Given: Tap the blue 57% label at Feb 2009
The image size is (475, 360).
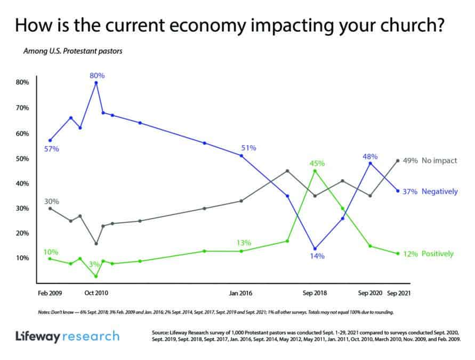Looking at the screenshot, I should point(51,149).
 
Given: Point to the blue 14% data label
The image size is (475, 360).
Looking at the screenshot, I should point(316,256).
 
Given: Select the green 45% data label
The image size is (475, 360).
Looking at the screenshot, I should point(316,163).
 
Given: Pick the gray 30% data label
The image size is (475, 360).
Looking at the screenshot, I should point(51,201).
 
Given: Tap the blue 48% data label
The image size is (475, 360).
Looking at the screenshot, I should point(370,156).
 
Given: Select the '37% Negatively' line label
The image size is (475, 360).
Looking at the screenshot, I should point(432,191).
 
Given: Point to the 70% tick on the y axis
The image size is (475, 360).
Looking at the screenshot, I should point(22,108).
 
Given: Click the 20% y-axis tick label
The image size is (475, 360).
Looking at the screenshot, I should point(22,234).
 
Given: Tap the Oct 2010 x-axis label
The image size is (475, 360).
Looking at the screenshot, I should point(96,293).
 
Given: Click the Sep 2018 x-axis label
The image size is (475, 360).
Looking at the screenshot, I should point(315,293).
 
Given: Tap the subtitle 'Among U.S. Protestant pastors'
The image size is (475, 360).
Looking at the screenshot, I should point(73,52).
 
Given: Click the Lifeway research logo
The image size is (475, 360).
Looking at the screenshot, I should point(67,336).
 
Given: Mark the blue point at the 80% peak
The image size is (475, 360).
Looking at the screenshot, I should point(96,83).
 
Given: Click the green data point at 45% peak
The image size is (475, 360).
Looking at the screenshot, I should point(315,171).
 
